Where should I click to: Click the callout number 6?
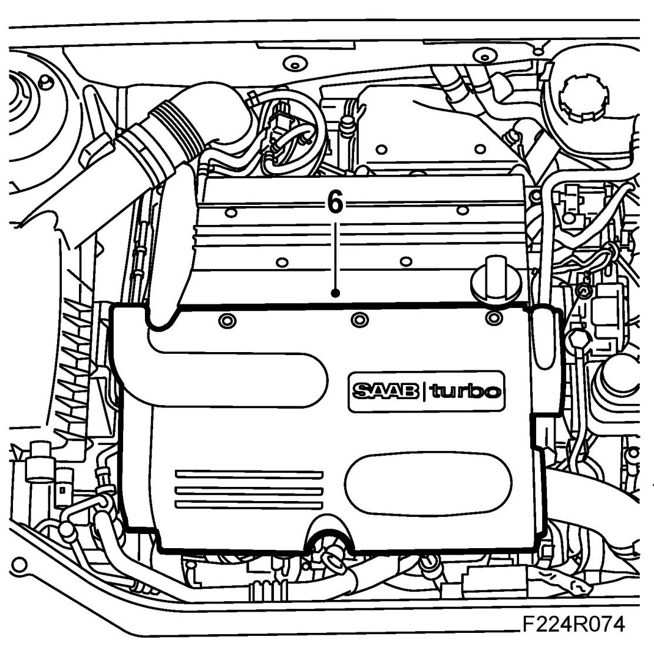(334, 204)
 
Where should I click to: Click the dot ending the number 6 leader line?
(335, 292)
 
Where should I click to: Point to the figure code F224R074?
(572, 624)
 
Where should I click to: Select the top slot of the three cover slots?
(249, 473)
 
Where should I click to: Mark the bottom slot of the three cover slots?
(249, 506)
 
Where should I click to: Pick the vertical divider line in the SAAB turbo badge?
(425, 391)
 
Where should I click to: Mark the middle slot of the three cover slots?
(249, 490)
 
